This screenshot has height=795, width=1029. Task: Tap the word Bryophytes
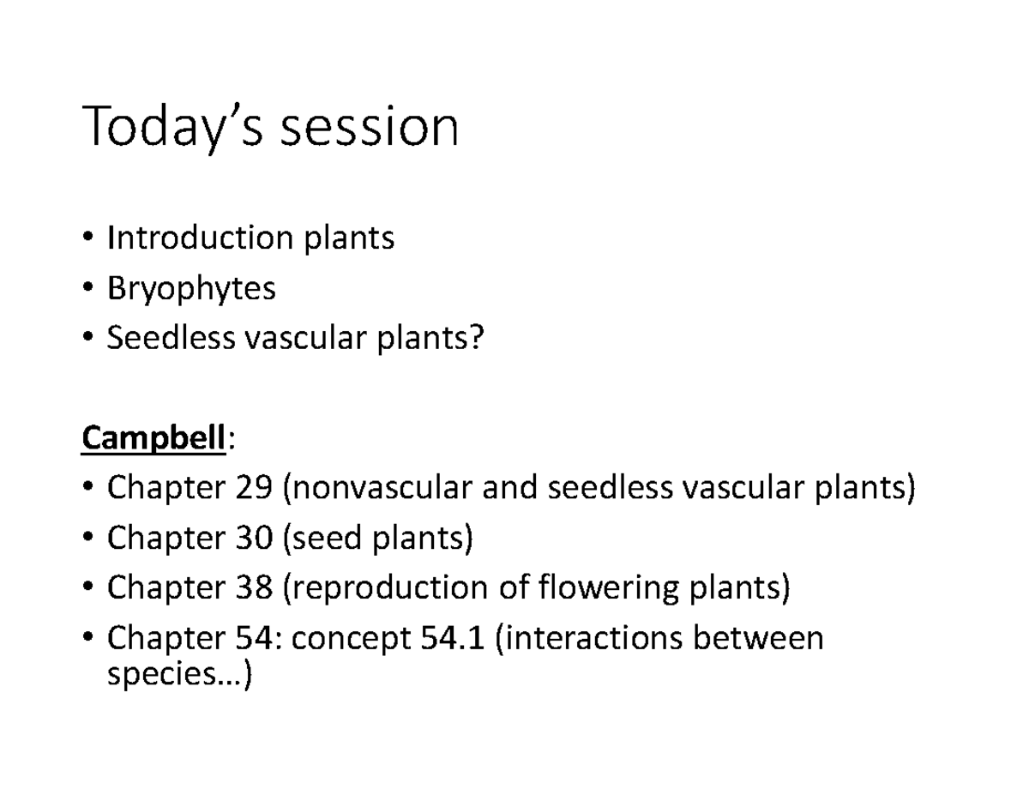[191, 289]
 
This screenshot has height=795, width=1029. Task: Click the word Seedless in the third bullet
[171, 339]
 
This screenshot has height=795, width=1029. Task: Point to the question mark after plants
[477, 339]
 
